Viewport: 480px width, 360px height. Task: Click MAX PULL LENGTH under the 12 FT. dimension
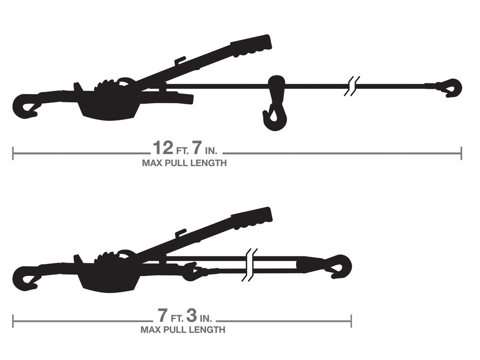coord(184,163)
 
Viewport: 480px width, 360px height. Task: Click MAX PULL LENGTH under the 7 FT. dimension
coord(182,330)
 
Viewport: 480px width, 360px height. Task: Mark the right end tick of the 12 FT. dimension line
coord(461,154)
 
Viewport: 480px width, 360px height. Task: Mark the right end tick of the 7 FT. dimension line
coord(351,321)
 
